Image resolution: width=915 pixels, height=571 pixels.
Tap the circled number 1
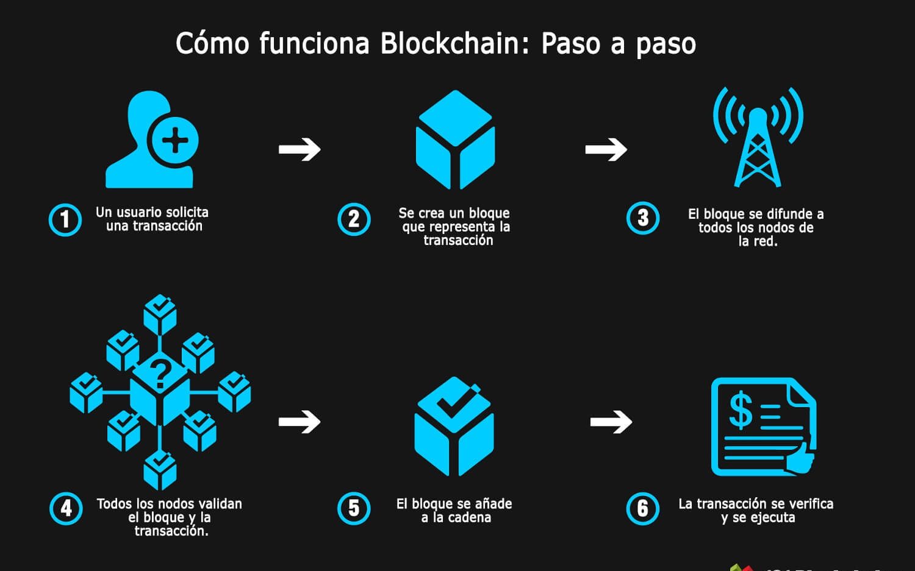pos(65,219)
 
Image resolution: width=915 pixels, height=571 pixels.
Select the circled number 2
pos(354,219)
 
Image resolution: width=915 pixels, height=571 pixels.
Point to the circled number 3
pos(643,218)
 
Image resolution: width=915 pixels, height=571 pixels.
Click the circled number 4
pos(66,508)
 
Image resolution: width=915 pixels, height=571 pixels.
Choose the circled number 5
pos(354,508)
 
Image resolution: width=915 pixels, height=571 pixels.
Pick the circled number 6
pos(643,508)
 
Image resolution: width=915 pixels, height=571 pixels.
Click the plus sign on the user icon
pos(175,141)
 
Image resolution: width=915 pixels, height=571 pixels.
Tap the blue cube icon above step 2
pos(455,140)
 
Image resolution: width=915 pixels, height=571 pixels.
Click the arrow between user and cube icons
pos(300,149)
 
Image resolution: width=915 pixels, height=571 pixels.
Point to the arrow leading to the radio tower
pos(606,149)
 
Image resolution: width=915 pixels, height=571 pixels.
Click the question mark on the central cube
pos(161,374)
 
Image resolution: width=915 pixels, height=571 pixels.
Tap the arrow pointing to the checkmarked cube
pos(300,421)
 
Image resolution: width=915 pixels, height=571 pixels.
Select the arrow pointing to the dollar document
pos(611,421)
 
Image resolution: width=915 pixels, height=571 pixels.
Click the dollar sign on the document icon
pos(741,411)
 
